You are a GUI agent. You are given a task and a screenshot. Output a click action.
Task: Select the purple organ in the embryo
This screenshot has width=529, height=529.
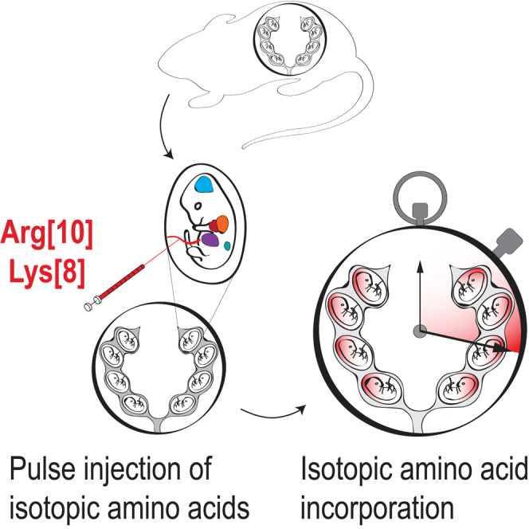(x=211, y=238)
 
